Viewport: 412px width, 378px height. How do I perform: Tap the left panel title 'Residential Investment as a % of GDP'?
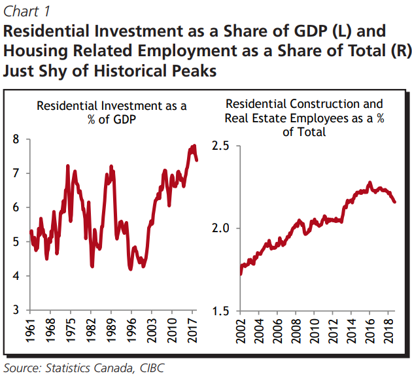coord(111,113)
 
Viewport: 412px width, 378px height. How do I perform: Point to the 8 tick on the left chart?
coord(15,139)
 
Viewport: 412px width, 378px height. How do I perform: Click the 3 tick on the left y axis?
coord(15,310)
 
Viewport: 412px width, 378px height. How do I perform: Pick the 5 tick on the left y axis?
coord(15,242)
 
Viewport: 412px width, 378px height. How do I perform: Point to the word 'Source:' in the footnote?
coord(24,368)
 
